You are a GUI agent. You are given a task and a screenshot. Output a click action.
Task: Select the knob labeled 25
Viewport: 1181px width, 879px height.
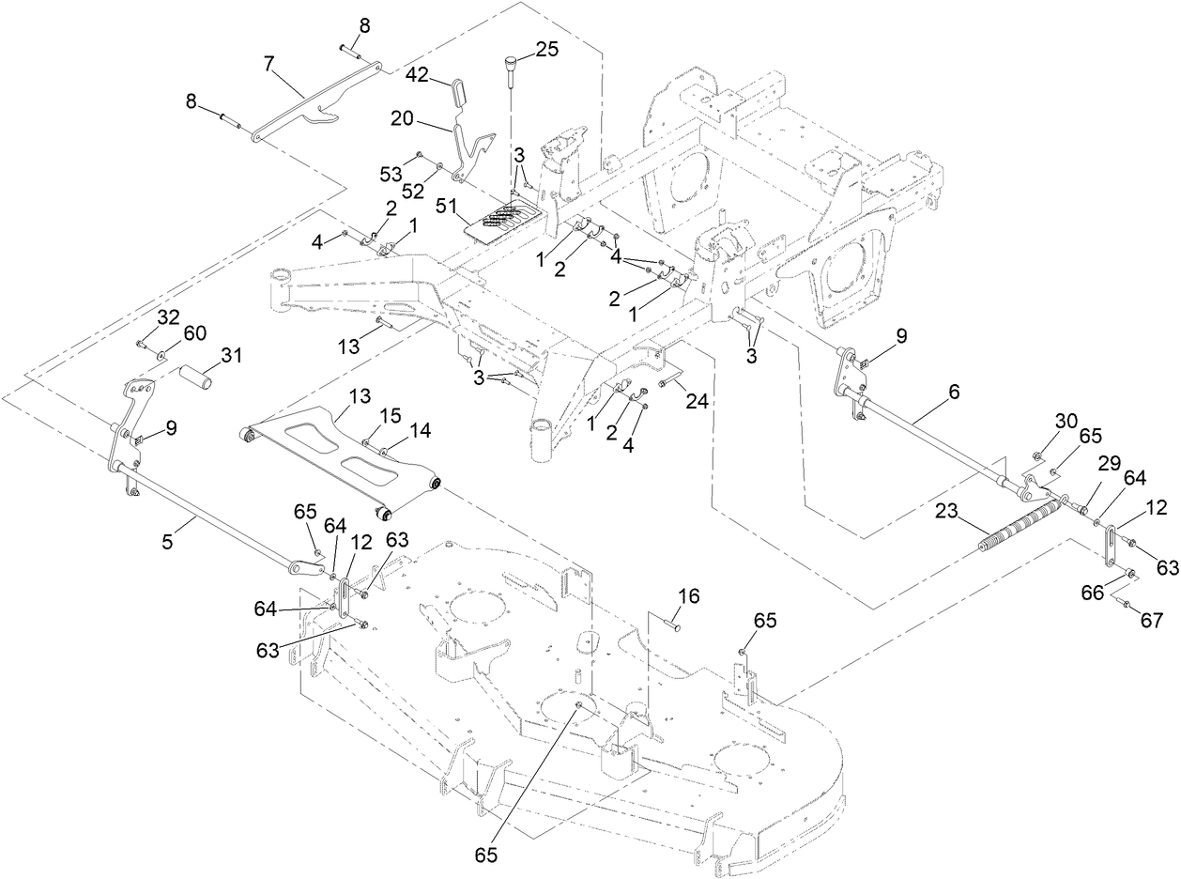click(512, 66)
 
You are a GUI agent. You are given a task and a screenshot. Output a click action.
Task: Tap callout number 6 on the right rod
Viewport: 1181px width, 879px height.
click(954, 393)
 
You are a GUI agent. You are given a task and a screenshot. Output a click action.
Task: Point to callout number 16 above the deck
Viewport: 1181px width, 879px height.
click(689, 596)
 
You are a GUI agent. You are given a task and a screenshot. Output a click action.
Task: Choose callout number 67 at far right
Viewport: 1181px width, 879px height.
click(1151, 620)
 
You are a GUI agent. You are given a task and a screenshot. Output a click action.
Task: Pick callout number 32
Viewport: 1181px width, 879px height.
click(168, 317)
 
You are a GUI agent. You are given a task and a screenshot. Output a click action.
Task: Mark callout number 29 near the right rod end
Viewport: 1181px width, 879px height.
click(1109, 464)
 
